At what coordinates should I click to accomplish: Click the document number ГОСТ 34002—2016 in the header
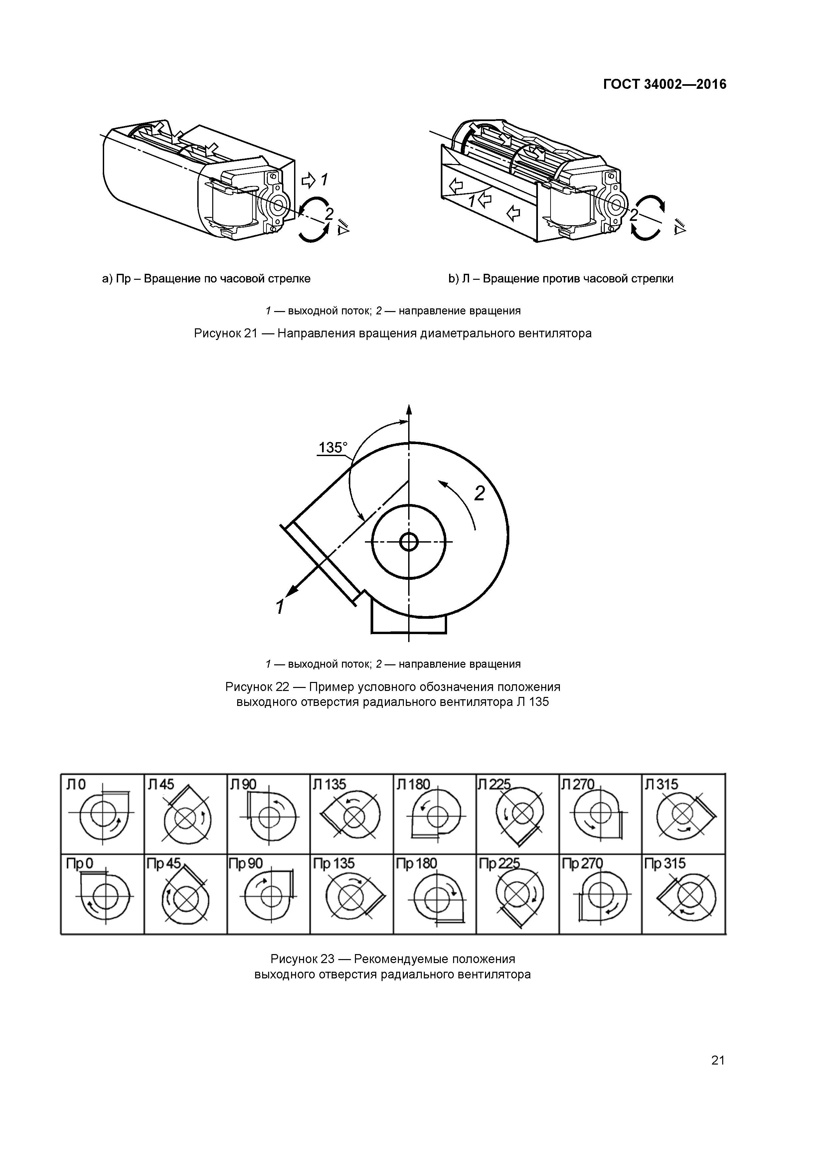(664, 84)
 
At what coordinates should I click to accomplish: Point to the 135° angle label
(333, 448)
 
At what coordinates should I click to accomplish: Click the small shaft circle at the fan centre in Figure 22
(409, 542)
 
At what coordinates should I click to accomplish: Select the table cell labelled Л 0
(102, 813)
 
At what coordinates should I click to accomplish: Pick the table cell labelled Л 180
(434, 813)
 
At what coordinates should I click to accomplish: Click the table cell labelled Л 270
(600, 813)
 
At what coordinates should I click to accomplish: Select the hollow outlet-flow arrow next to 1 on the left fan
(308, 180)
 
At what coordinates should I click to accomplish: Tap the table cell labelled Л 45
(186, 813)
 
